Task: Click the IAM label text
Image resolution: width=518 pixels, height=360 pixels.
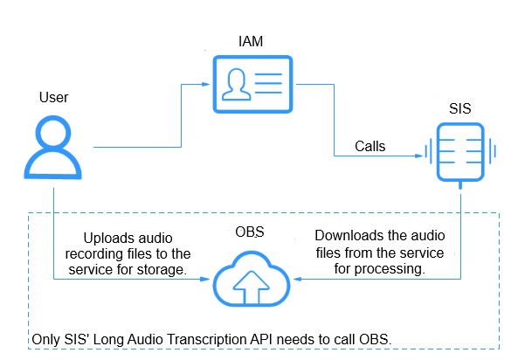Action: pos(251,42)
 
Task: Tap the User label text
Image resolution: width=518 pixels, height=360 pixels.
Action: pos(53,98)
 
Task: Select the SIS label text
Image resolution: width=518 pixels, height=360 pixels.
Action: pos(459,108)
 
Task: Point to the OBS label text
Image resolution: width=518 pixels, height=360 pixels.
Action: pos(250,232)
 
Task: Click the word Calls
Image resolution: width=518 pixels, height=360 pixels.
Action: pos(370,147)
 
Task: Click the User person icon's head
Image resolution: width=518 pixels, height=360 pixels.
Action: pos(53,132)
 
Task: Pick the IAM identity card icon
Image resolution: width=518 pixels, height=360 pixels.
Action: pos(252,84)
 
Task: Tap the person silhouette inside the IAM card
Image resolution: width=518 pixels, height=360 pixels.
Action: pos(236,84)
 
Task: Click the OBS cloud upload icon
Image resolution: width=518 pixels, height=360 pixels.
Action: pos(252,279)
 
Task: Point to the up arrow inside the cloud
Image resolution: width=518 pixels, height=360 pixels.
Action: pos(252,287)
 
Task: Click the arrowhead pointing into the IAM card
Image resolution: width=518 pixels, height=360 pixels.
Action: pos(206,84)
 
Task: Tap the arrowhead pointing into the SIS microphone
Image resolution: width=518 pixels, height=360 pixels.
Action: pos(419,156)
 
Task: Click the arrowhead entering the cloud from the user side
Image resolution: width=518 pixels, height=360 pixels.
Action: pos(205,279)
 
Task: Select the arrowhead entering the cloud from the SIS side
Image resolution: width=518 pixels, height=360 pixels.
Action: pos(298,279)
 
